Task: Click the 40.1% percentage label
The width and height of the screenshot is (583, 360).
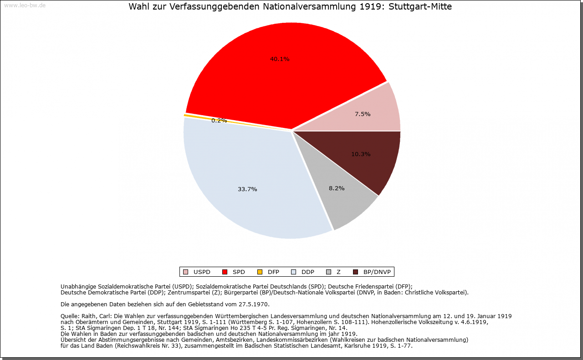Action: point(280,59)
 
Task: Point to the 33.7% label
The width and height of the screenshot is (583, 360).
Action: point(247,189)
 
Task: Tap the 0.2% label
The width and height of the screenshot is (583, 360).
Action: point(219,121)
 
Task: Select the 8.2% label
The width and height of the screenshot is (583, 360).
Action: point(337,188)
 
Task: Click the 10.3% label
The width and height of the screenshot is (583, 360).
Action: point(361,154)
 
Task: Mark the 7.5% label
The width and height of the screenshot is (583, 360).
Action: point(363,114)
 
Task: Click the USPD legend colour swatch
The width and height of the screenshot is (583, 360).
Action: point(185,272)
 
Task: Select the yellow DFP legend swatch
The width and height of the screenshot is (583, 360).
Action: point(260,272)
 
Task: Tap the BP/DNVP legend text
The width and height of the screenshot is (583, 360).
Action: point(376,272)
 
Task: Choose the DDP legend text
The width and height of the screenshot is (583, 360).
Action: point(308,272)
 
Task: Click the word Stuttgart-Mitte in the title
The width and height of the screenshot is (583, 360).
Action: point(420,7)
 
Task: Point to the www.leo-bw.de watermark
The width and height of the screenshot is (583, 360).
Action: point(25,5)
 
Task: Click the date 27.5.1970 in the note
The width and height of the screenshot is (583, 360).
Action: point(254,304)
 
